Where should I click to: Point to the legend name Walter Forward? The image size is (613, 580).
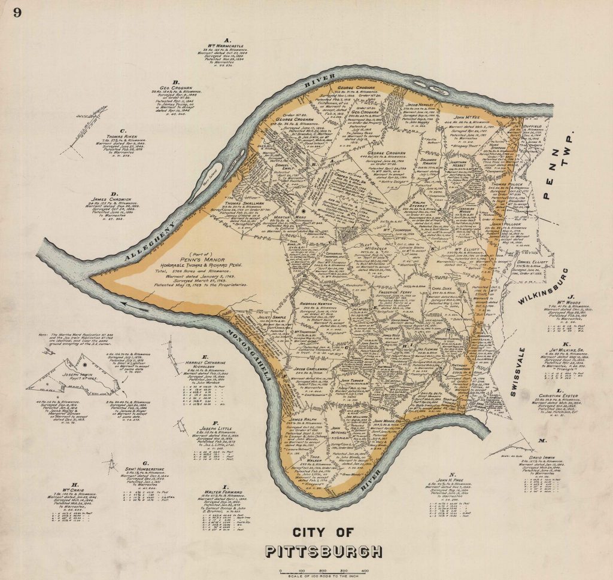tap(224, 494)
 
